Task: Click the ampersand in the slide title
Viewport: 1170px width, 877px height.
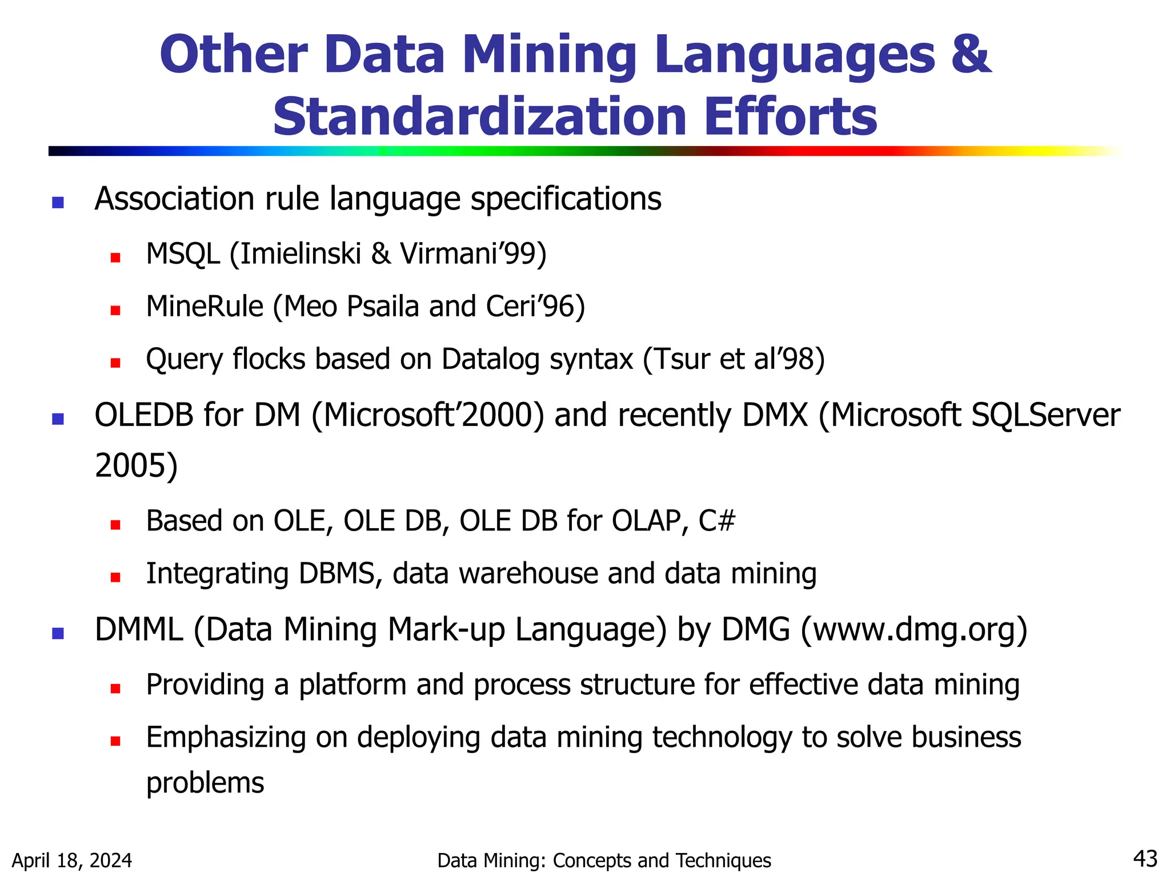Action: (x=970, y=55)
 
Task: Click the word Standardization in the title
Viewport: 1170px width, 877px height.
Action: (x=479, y=117)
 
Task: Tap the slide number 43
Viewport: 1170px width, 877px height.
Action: (x=1145, y=858)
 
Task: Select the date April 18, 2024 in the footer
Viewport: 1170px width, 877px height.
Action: (x=72, y=860)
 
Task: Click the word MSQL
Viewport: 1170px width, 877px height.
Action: (x=183, y=254)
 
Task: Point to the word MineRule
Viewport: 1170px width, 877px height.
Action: (x=205, y=307)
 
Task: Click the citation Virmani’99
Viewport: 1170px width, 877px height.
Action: (x=472, y=254)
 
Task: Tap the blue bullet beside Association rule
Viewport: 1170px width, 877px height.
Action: (x=58, y=202)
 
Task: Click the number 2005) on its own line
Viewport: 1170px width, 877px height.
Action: (x=136, y=465)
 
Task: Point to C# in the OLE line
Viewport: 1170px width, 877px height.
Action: (x=716, y=521)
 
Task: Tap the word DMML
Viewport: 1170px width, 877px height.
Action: (x=139, y=630)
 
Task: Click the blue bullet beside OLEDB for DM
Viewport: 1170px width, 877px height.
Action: (x=58, y=420)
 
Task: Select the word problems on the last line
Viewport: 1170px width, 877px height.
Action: (x=205, y=783)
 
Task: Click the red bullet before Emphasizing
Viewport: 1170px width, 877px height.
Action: (x=115, y=741)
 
